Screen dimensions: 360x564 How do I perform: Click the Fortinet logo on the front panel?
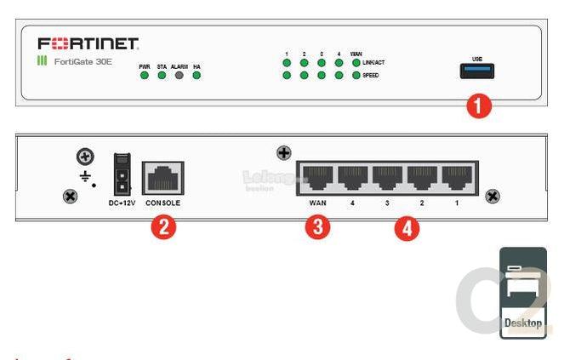pyautogui.click(x=88, y=43)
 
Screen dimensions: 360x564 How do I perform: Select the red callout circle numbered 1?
pyautogui.click(x=479, y=106)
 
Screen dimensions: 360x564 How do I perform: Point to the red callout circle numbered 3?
pyautogui.click(x=318, y=228)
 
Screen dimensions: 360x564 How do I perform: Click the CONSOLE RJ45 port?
pyautogui.click(x=162, y=179)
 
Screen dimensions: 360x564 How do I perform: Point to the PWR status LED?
pyautogui.click(x=145, y=76)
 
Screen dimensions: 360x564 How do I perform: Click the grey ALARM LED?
pyautogui.click(x=179, y=76)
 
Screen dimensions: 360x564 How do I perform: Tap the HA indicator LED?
pyautogui.click(x=197, y=76)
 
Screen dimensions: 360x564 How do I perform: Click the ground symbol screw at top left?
pyautogui.click(x=85, y=157)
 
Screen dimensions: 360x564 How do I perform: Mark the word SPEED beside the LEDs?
pyautogui.click(x=370, y=76)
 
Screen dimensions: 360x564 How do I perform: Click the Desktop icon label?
pyautogui.click(x=522, y=323)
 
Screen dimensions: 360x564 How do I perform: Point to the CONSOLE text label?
pyautogui.click(x=162, y=203)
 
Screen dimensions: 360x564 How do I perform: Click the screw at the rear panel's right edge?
pyautogui.click(x=492, y=197)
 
